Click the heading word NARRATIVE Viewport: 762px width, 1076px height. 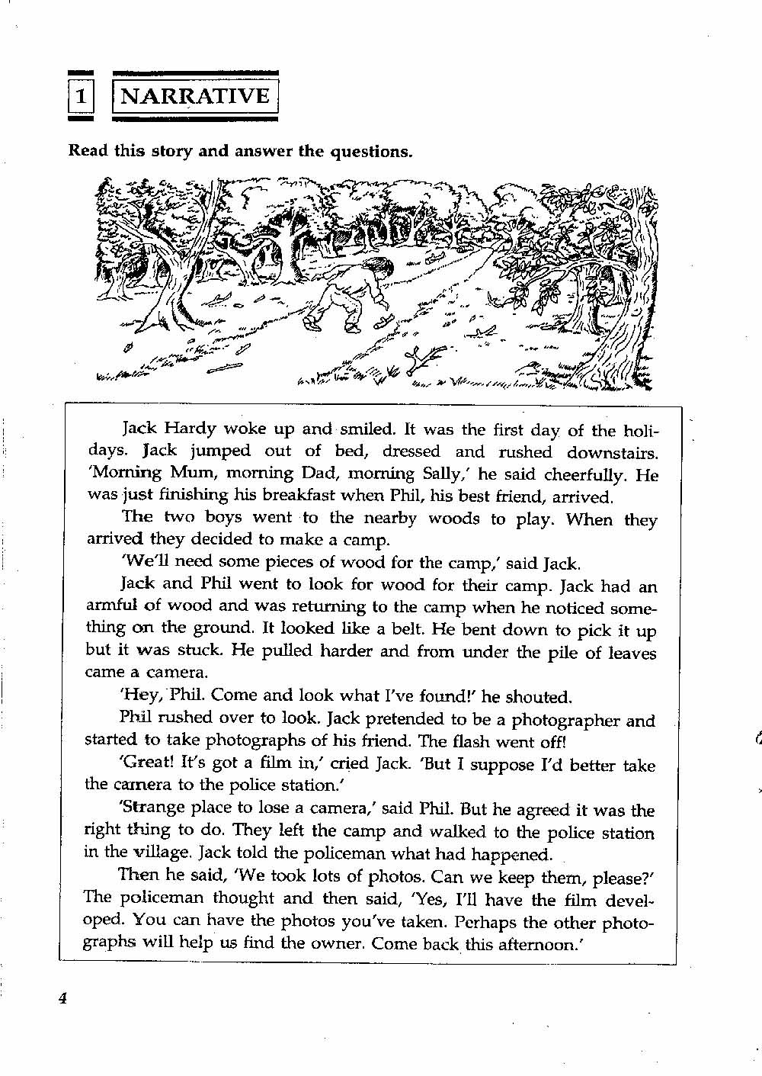click(x=196, y=97)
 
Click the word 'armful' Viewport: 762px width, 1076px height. click(x=110, y=607)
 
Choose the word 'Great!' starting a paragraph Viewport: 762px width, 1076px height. click(x=146, y=764)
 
